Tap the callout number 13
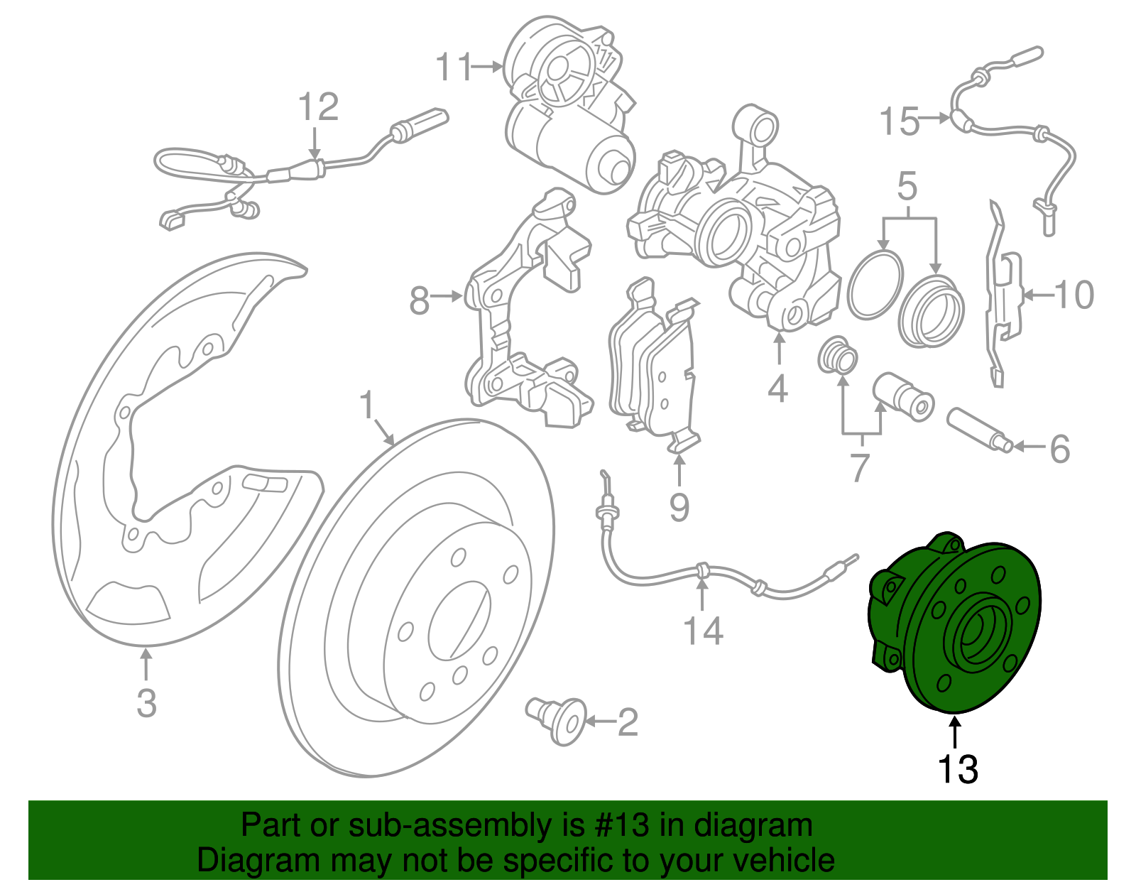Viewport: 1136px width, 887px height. coord(958,770)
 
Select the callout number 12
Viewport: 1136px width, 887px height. coord(317,108)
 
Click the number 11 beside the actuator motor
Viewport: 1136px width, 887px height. coord(454,67)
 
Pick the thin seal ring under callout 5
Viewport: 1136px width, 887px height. coord(875,284)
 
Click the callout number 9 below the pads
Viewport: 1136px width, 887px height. coord(679,507)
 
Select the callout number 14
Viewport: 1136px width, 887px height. coord(703,631)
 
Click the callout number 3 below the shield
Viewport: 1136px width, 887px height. coord(146,703)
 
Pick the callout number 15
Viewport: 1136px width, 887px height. coord(900,121)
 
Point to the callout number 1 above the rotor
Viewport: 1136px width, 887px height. coord(366,406)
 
